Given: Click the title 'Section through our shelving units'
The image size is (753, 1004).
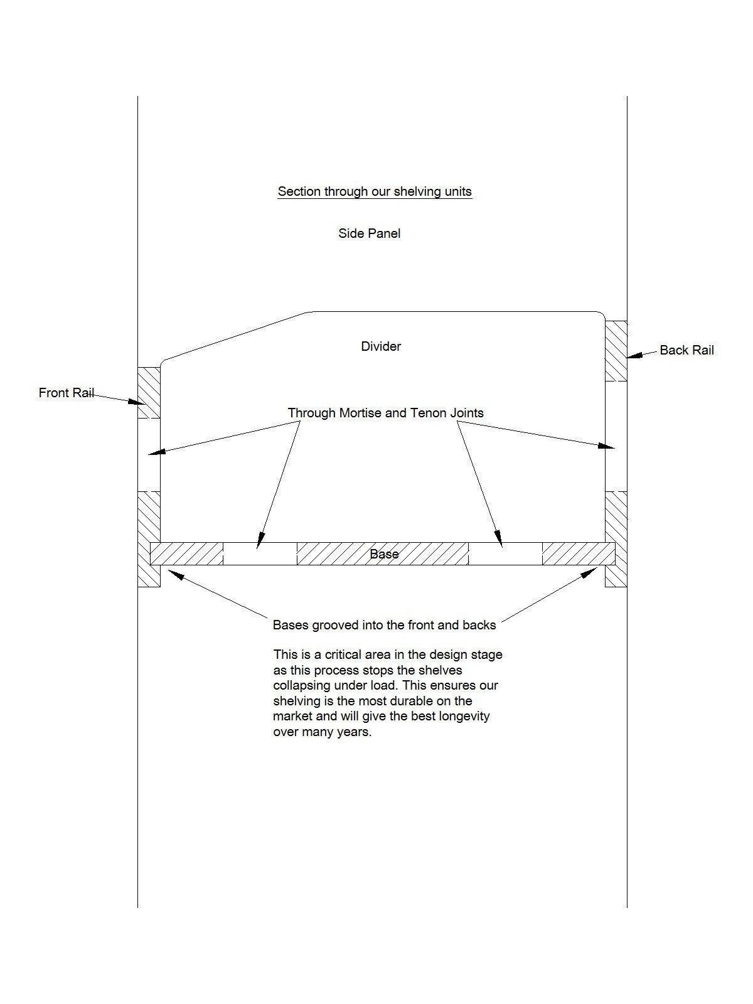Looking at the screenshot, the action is coord(375,191).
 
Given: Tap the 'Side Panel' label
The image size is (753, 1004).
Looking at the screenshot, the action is coord(369,233).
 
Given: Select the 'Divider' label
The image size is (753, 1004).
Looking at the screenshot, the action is coord(381,346).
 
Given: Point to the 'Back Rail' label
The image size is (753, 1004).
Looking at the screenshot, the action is coord(686,350).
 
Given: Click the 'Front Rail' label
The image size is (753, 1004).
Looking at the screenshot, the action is coord(67,392).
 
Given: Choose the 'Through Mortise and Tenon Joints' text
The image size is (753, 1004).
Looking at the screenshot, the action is coord(385,412).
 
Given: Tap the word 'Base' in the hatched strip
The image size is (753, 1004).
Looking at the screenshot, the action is coord(384,554).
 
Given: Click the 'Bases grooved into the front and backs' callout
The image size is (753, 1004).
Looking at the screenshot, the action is coord(384,625).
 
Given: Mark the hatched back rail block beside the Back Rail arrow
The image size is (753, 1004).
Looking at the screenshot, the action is coord(616,351).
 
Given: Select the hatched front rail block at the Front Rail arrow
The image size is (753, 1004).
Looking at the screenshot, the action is coord(149,392).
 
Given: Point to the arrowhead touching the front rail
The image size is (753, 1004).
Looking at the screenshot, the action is coord(136,402).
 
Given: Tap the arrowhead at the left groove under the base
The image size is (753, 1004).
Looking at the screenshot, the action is coord(175,575).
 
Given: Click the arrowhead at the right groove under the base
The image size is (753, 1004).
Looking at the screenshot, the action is coord(590,572).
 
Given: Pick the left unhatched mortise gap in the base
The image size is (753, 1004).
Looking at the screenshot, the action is coord(260,554).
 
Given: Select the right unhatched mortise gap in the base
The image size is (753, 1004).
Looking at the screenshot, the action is coord(506,554).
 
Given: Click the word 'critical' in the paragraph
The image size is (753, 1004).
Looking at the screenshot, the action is coord(342,654).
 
